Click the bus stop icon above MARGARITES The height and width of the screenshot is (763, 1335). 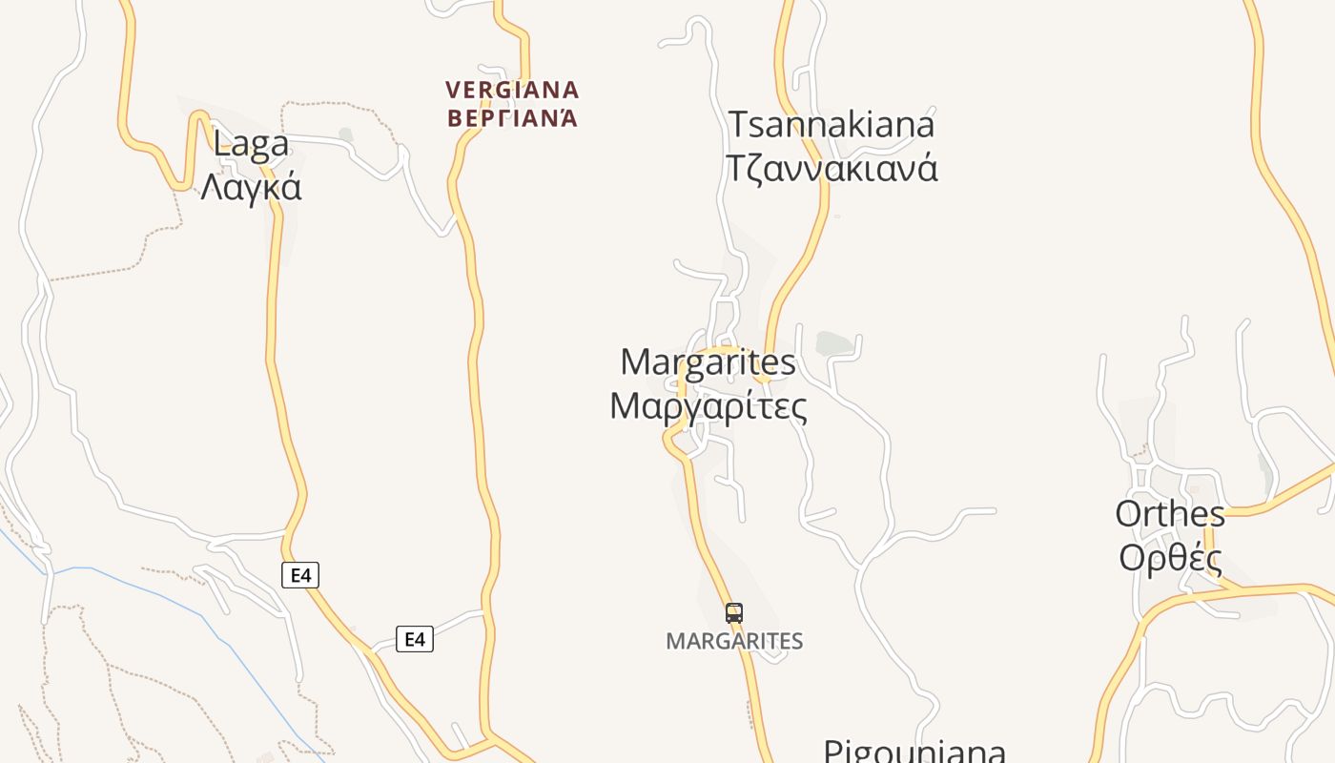point(733,612)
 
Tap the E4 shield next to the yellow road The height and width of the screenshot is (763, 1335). point(300,575)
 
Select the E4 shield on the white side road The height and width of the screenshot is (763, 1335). point(415,639)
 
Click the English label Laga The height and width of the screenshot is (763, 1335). point(252,144)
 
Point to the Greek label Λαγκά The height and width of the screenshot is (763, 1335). point(251,186)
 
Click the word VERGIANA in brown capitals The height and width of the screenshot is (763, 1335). point(512,91)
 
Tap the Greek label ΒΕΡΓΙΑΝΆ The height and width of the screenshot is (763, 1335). point(512,118)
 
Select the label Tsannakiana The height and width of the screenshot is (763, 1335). point(832,125)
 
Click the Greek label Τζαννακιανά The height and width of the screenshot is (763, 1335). point(832,168)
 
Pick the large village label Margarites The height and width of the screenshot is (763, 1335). point(708,362)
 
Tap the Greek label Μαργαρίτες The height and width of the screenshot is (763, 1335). point(708,406)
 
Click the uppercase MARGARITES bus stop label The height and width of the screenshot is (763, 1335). point(734,641)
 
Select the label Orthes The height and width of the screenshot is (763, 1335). point(1170,514)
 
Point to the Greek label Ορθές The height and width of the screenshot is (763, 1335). point(1170,557)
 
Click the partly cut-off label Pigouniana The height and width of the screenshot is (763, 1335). point(914,751)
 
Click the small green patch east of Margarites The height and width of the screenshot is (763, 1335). point(833,343)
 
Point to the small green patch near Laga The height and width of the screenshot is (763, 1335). point(345,135)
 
